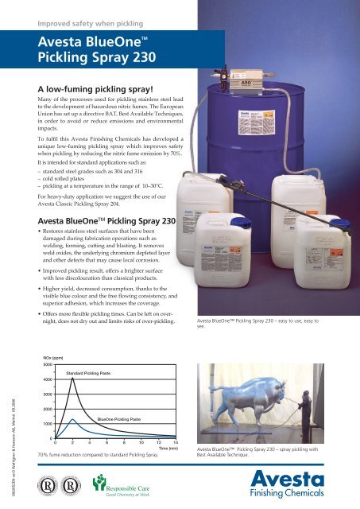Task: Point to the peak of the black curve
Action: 73,379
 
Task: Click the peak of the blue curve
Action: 72,419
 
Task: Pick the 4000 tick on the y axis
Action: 48,379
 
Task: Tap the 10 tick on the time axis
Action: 141,443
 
